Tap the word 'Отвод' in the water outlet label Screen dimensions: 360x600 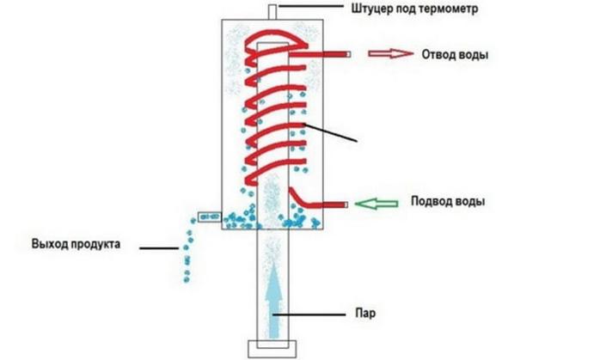click(438, 54)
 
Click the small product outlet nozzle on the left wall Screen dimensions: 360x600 click(209, 218)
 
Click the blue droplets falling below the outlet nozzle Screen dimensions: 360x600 click(186, 255)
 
